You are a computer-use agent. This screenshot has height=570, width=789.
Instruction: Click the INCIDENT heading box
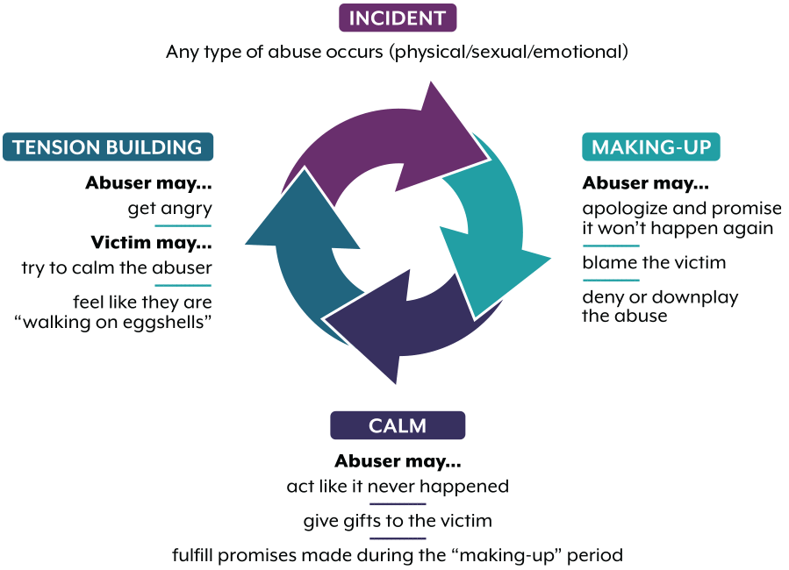pyautogui.click(x=397, y=18)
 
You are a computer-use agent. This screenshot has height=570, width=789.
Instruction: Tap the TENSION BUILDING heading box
pyautogui.click(x=108, y=146)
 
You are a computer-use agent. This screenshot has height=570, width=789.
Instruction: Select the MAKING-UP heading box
pyautogui.click(x=650, y=146)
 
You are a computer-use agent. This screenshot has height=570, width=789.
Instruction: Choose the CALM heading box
pyautogui.click(x=397, y=426)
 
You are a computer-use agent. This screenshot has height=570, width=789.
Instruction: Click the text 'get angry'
pyautogui.click(x=169, y=209)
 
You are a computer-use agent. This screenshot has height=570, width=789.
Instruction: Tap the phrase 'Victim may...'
pyautogui.click(x=151, y=241)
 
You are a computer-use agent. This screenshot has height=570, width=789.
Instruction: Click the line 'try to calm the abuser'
pyautogui.click(x=117, y=267)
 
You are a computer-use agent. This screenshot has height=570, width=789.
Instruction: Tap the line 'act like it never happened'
pyautogui.click(x=398, y=486)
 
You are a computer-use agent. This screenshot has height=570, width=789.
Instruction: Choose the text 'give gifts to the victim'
pyautogui.click(x=398, y=520)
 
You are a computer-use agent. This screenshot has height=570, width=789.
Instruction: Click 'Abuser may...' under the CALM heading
pyautogui.click(x=398, y=460)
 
